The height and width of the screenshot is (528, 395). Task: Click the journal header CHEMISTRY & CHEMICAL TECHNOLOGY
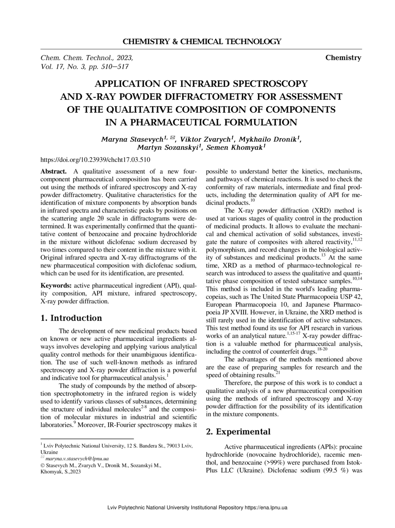coord(202,42)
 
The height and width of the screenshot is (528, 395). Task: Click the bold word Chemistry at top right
coord(343,58)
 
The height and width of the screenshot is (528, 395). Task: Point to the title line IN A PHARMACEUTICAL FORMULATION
coord(201,123)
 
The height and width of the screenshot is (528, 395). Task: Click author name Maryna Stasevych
coord(132,140)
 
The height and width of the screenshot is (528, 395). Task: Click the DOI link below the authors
coord(95,160)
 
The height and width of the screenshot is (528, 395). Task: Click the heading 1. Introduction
coord(71,318)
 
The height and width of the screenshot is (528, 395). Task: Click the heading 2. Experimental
coord(238,432)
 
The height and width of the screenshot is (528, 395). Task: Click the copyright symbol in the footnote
coord(42,465)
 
